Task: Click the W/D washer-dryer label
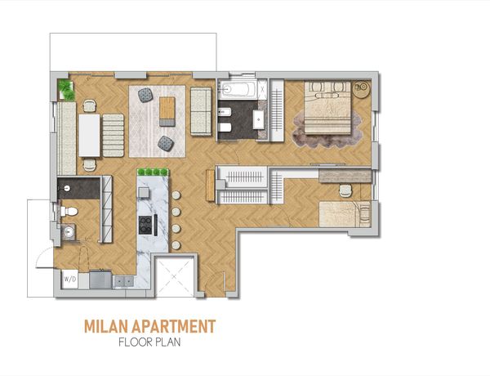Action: tap(70, 279)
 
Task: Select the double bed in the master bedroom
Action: tap(327, 107)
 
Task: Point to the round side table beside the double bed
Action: tap(362, 89)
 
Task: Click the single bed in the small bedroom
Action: tap(345, 214)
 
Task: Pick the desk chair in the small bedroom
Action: tap(345, 190)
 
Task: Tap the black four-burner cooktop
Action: tap(146, 226)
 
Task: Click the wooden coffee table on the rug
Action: tap(167, 111)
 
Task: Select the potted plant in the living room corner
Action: tap(66, 90)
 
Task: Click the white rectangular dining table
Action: tap(89, 135)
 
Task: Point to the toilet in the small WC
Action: tap(69, 212)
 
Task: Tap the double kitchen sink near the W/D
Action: tap(124, 281)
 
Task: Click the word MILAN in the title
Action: tap(106, 327)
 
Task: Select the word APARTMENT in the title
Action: tap(174, 327)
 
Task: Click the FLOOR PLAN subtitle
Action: tap(149, 342)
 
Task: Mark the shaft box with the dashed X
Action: tap(174, 276)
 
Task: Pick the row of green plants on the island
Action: tap(153, 172)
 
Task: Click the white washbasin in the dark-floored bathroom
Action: tap(259, 119)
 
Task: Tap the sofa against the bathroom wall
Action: tap(201, 111)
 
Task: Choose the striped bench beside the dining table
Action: tap(114, 136)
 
